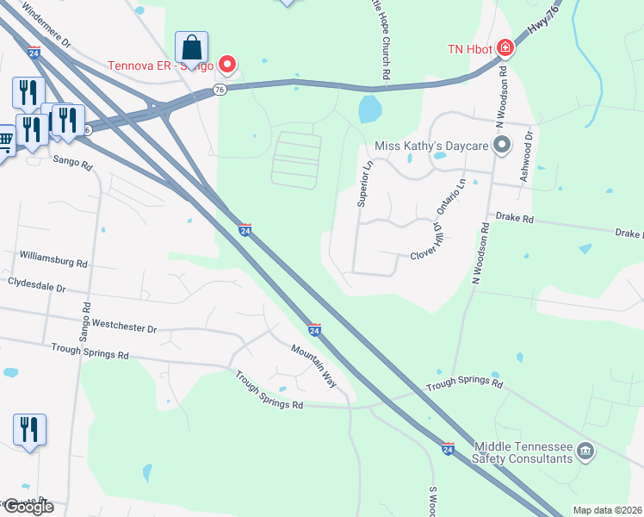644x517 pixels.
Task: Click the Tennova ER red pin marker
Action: [227, 64]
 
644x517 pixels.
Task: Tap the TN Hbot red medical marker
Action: [505, 47]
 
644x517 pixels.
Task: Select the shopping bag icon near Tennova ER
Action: [191, 47]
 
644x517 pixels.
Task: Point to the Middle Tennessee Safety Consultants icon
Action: [585, 450]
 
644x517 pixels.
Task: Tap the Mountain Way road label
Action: [313, 364]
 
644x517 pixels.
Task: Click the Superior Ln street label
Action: [364, 183]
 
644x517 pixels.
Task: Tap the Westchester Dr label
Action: [125, 328]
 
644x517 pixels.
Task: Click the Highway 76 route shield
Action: [220, 90]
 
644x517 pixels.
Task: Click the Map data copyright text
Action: [606, 510]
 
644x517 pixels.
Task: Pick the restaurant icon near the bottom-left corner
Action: [29, 429]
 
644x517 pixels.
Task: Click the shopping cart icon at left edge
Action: [5, 141]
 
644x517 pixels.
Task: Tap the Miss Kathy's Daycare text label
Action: [431, 145]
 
